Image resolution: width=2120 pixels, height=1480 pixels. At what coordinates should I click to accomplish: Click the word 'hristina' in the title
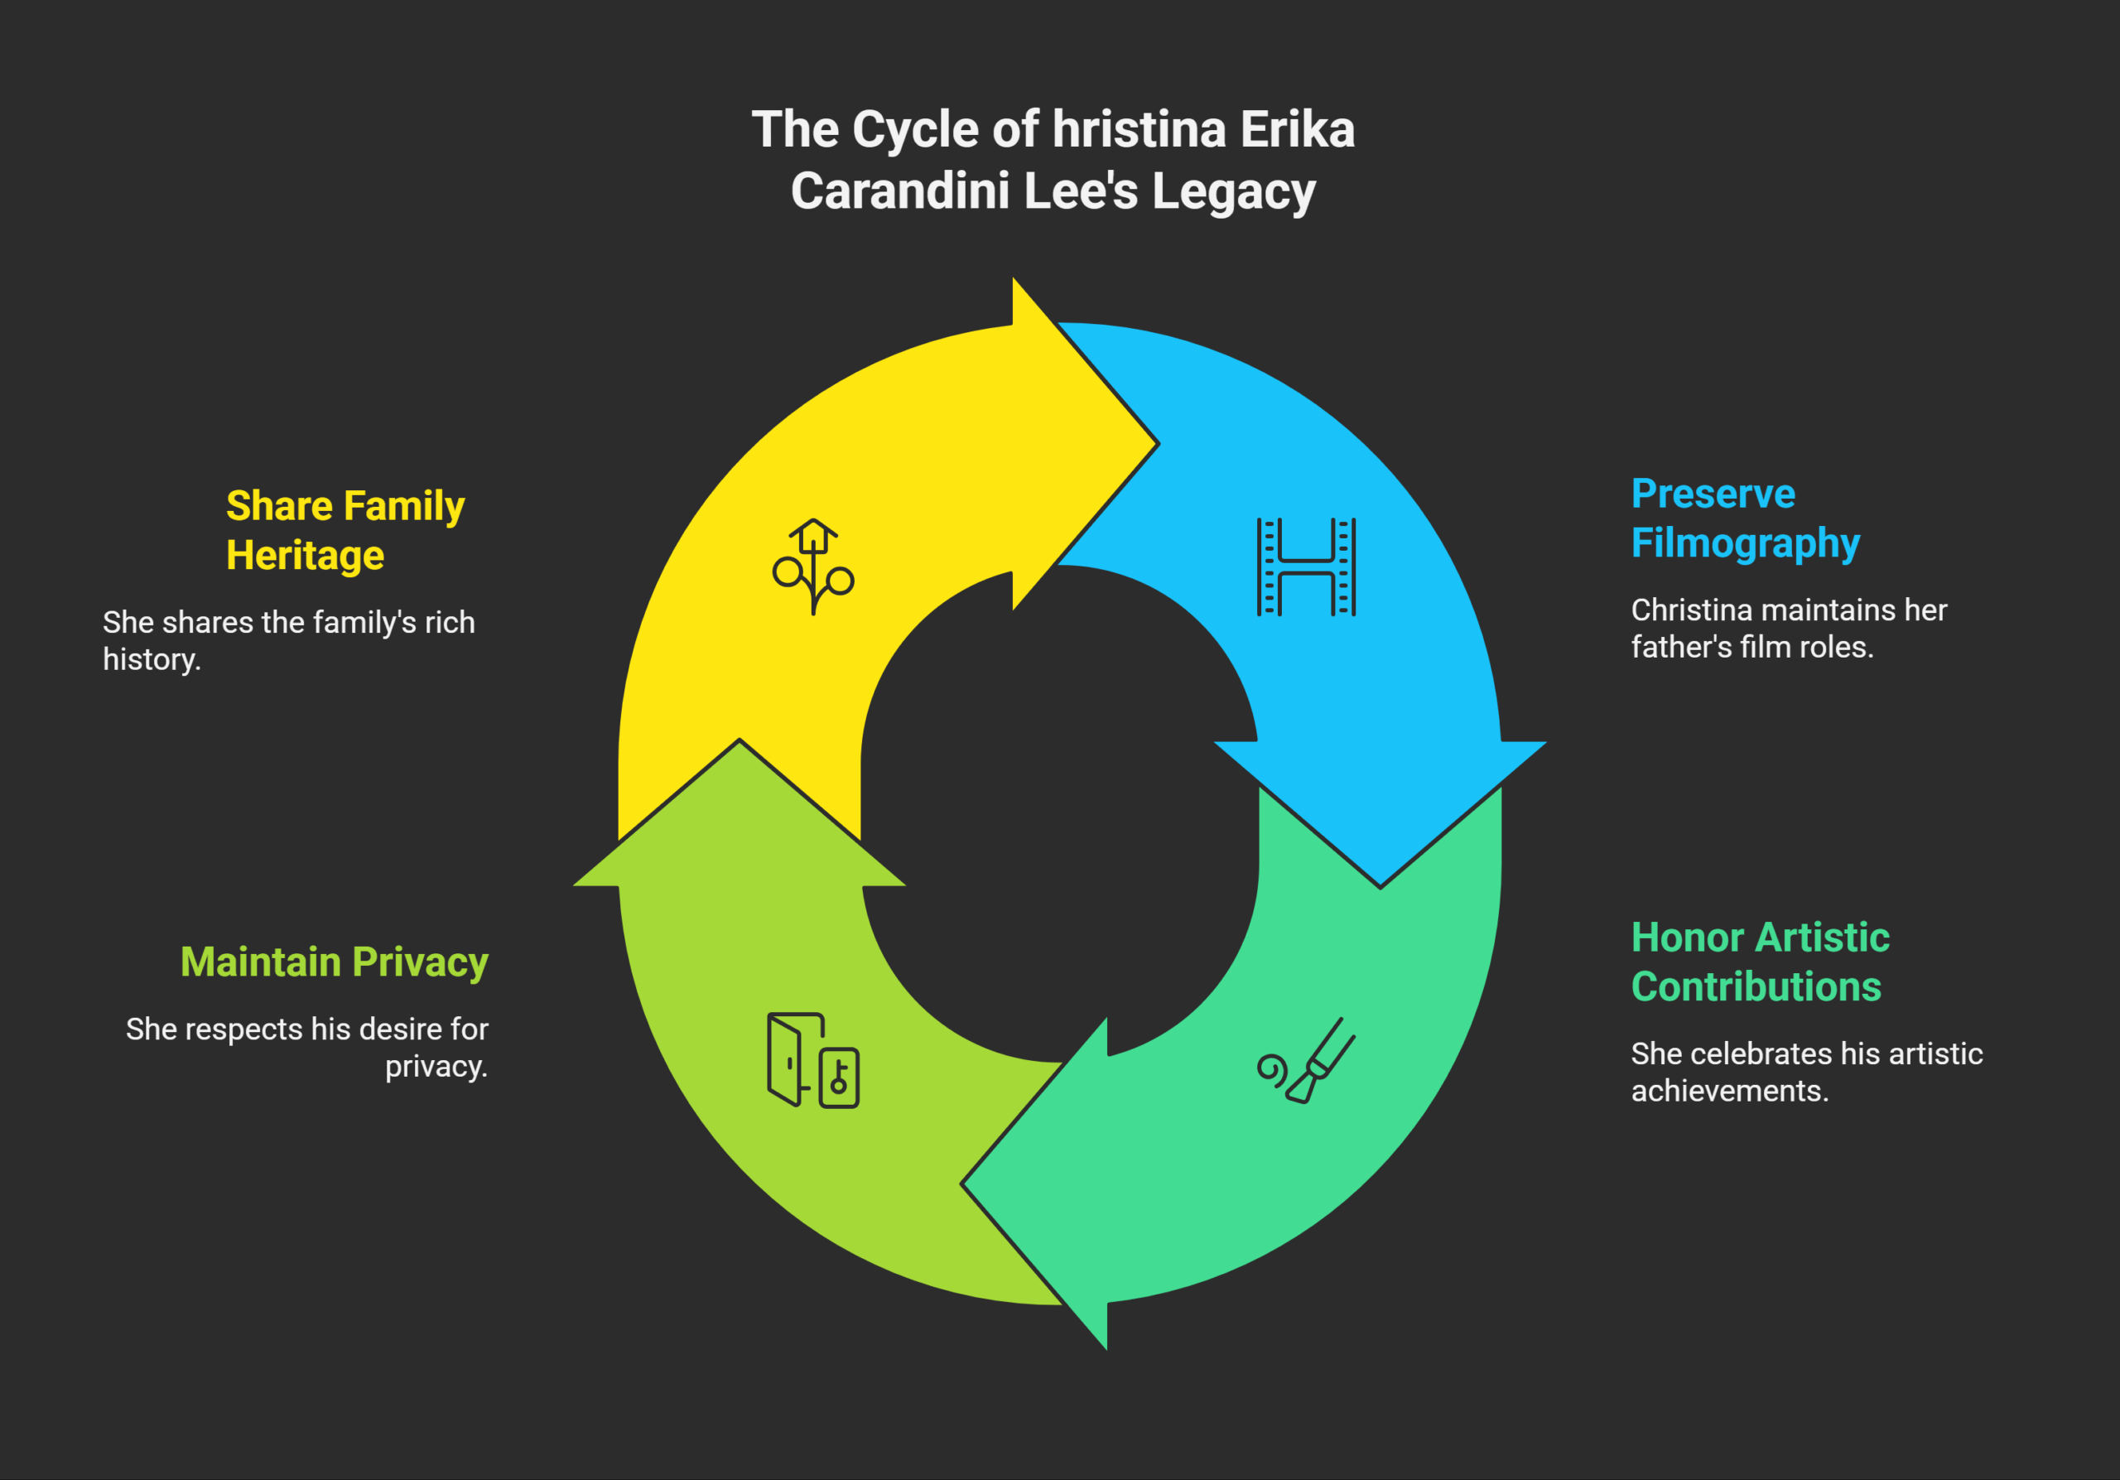(x=1139, y=129)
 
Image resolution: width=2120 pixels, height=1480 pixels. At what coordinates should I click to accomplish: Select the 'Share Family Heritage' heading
(x=344, y=530)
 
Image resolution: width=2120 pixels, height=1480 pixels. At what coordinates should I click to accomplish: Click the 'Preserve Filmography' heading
(x=1744, y=518)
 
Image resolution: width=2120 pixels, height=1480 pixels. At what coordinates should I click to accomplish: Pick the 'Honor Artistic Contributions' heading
(x=1759, y=962)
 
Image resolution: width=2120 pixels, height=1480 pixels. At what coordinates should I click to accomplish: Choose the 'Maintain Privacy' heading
(x=335, y=962)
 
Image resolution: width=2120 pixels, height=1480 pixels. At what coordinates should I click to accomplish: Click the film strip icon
(x=1306, y=566)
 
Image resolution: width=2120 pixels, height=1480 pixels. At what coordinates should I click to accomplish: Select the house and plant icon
(x=812, y=566)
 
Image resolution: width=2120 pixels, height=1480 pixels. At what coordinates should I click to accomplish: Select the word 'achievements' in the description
(x=1728, y=1092)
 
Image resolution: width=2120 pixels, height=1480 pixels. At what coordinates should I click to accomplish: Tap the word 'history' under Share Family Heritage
(x=151, y=660)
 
